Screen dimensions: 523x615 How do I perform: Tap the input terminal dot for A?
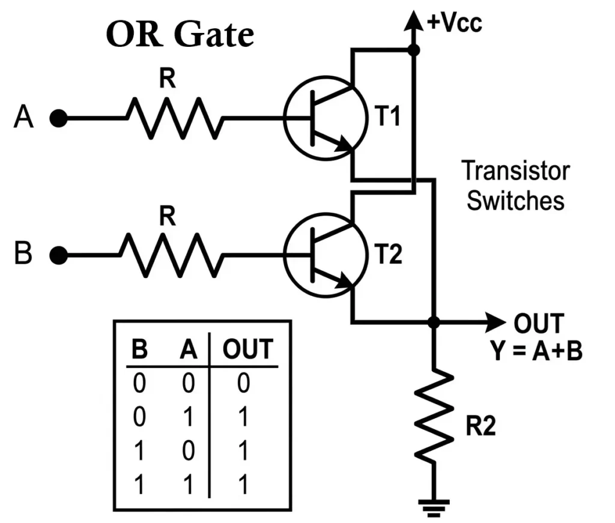(58, 119)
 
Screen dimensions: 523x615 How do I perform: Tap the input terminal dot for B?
(58, 256)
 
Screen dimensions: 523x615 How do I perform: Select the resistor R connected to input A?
(174, 118)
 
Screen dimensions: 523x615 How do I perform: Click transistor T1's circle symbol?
(324, 118)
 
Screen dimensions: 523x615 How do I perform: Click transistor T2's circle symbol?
(324, 256)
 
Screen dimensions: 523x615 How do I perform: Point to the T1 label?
(387, 118)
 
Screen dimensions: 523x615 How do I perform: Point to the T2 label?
(387, 256)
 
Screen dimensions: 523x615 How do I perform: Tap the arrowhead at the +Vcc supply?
(413, 20)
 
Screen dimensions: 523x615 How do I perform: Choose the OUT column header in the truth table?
(247, 349)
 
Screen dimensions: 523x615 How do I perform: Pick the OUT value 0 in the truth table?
(243, 383)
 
